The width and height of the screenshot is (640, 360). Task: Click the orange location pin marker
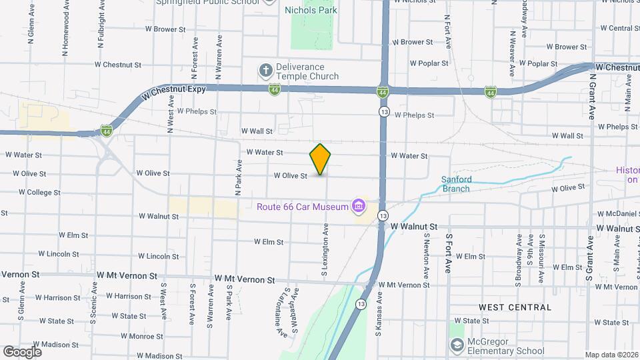(321, 159)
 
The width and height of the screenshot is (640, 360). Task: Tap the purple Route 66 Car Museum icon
(359, 206)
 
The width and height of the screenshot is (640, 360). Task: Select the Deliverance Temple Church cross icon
(265, 70)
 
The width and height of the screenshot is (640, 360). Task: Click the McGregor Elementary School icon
(457, 345)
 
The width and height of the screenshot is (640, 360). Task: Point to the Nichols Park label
(311, 10)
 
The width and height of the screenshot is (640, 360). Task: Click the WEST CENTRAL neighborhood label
(515, 307)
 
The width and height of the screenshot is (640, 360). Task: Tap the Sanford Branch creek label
(457, 184)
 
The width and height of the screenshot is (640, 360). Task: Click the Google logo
(22, 351)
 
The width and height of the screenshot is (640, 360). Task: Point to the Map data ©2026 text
(611, 355)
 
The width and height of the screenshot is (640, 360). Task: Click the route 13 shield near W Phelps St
(384, 111)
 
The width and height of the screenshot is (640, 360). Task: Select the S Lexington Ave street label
(325, 250)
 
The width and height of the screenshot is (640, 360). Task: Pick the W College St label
(39, 193)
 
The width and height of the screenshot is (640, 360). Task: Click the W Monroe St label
(133, 337)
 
